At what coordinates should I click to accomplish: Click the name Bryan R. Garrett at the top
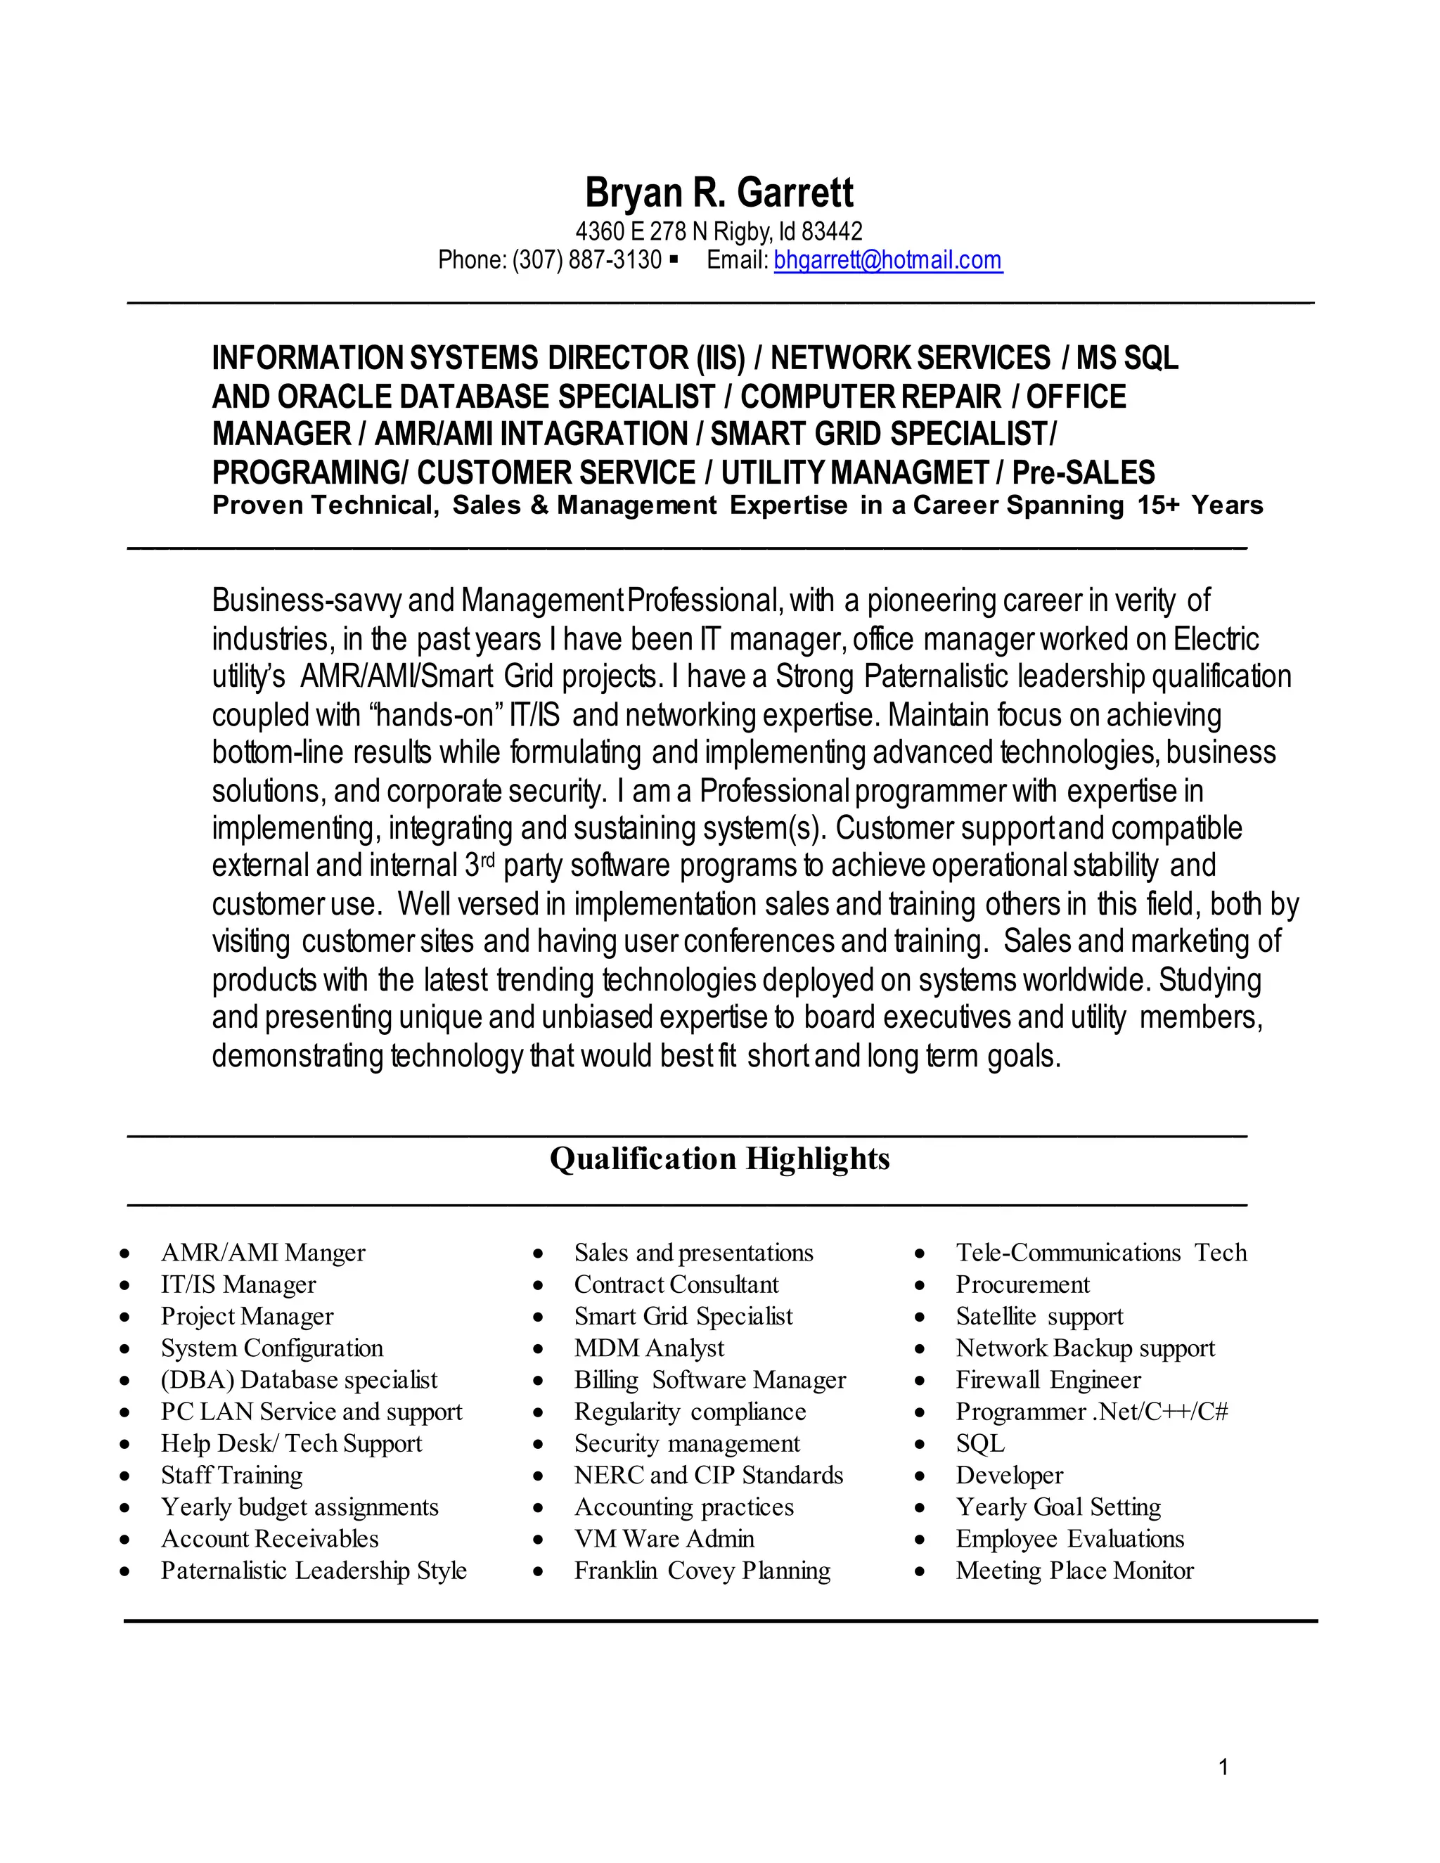coord(719,193)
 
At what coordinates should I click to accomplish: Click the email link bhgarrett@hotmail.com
coord(887,260)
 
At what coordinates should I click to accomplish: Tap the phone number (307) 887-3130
coord(587,260)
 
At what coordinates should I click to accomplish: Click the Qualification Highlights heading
coord(719,1159)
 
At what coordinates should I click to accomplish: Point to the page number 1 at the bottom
coord(1223,1767)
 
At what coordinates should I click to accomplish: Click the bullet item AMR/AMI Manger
coord(263,1252)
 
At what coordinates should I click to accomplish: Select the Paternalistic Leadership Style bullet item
coord(313,1571)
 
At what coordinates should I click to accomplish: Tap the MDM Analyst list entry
coord(648,1348)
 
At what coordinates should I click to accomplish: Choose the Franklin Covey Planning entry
coord(702,1571)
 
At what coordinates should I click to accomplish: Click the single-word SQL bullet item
coord(980,1443)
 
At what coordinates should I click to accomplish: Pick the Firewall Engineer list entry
coord(1048,1379)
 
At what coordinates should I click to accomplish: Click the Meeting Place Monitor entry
coord(1074,1571)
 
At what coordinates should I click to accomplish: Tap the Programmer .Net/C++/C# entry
coord(1091,1412)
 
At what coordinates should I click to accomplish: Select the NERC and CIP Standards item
coord(708,1475)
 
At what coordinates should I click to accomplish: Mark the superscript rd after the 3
coord(488,859)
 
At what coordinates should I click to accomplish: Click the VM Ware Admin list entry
coord(664,1539)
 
